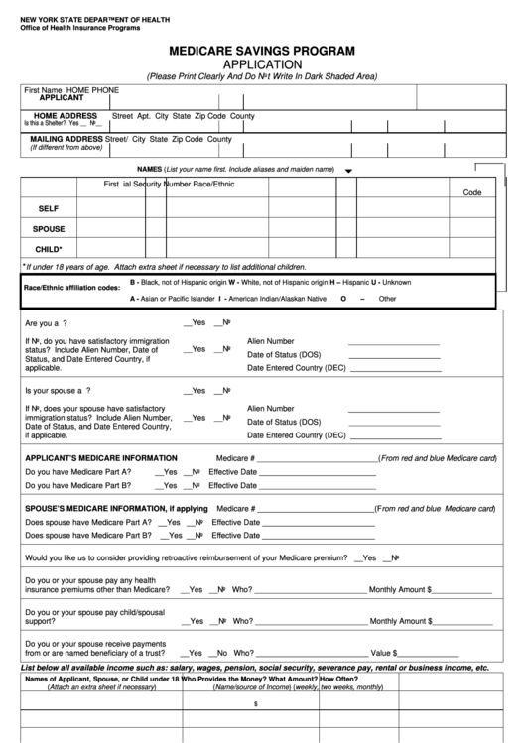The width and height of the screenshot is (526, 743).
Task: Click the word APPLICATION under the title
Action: pos(262,63)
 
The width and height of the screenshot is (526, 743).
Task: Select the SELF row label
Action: pos(50,209)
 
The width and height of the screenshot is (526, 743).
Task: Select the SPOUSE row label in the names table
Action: pos(49,229)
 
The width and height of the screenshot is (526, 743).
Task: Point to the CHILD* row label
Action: pos(49,249)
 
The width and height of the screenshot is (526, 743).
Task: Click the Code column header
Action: pos(471,192)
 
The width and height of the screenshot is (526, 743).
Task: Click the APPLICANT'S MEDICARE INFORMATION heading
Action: pos(101,458)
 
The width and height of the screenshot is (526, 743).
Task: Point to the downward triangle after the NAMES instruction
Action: pos(348,171)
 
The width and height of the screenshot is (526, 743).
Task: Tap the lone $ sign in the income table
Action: pos(256,703)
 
